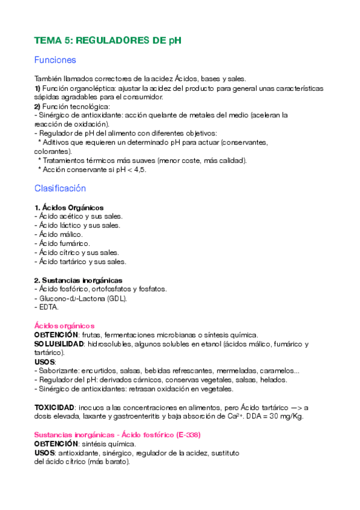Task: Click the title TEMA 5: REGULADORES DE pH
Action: pos(108,40)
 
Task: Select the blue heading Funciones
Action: pos(55,60)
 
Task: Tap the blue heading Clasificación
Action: pos(60,188)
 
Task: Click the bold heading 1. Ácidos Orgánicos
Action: pos(69,207)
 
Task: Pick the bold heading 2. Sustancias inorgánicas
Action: pos(78,280)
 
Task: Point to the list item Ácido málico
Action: pos(59,234)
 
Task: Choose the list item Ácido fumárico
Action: pos(63,243)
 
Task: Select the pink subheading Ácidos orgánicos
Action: pos(64,325)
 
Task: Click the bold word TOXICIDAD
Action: pos(55,407)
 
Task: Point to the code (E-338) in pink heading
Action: pos(185,434)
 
